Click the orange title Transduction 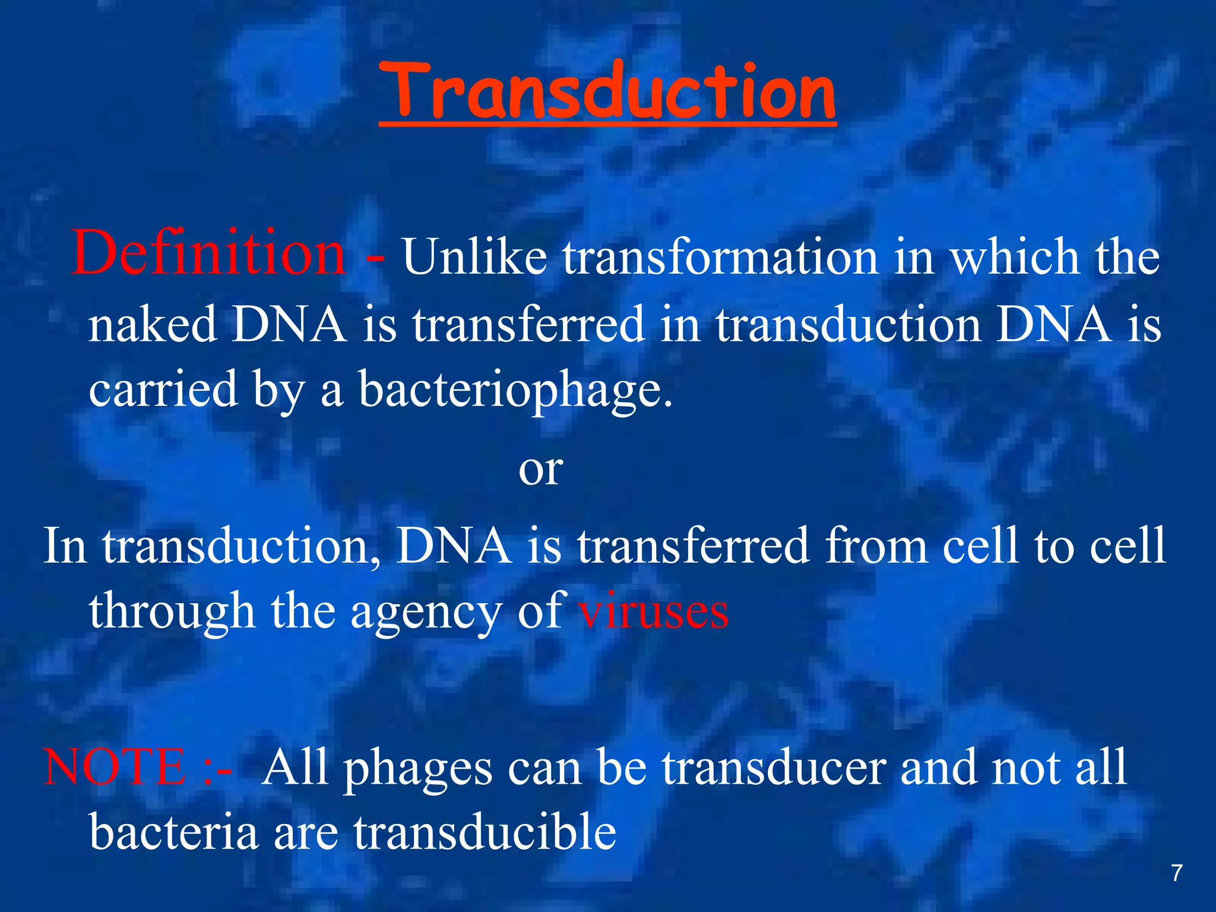coord(607,92)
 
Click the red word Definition coord(208,254)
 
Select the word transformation coord(720,257)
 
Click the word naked coord(153,325)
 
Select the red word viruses coord(653,612)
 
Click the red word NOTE coord(115,767)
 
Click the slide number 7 coord(1176,873)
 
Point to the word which coord(1015,257)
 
